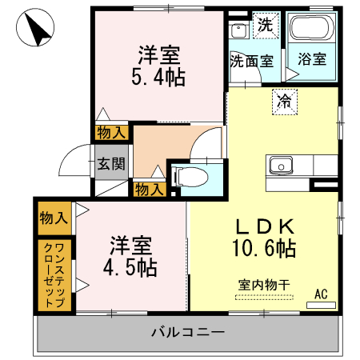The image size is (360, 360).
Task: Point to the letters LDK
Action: (266, 226)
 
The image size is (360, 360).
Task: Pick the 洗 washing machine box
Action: (265, 24)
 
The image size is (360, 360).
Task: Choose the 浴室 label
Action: (310, 59)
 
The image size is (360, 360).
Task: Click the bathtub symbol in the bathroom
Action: (310, 30)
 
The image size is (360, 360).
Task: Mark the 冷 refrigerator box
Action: (283, 100)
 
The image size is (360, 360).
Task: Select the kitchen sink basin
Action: (282, 166)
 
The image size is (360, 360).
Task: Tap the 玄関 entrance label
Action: (110, 164)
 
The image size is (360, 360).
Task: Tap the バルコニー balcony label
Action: (187, 331)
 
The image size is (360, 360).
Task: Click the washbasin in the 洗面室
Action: (238, 31)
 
